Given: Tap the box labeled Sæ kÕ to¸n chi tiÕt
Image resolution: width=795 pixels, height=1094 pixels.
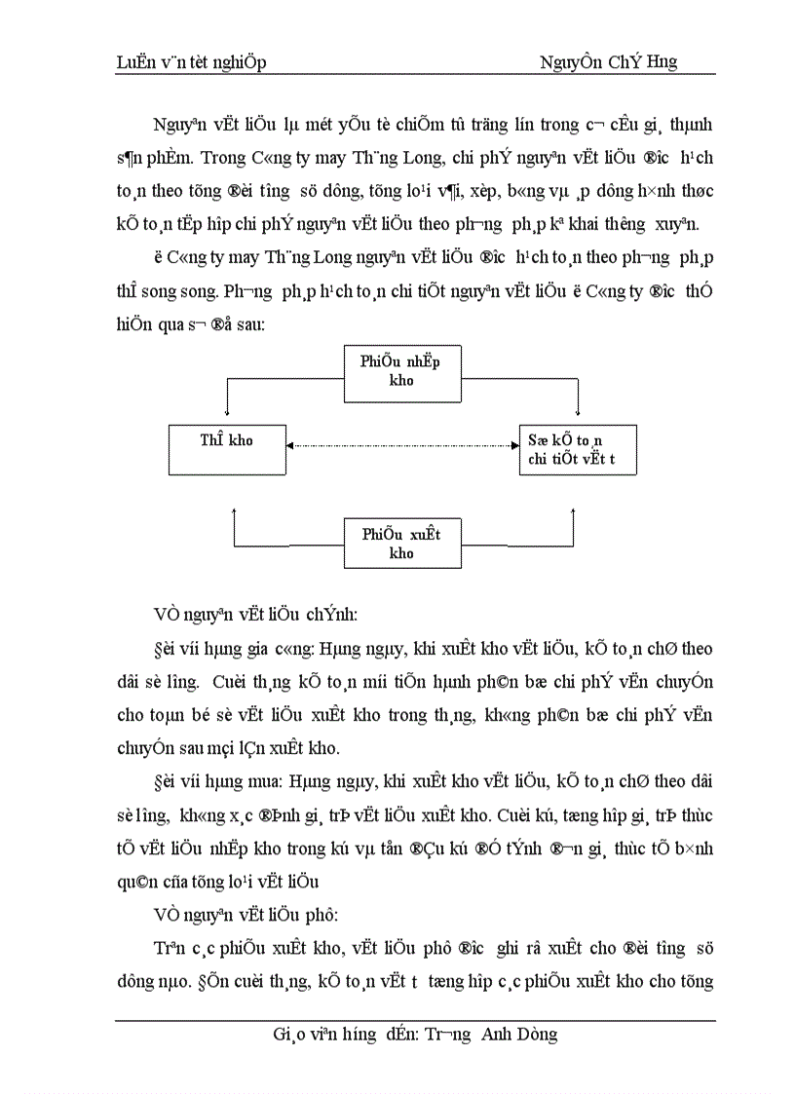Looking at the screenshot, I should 578,449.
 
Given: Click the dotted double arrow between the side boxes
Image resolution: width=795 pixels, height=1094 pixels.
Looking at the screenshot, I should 401,446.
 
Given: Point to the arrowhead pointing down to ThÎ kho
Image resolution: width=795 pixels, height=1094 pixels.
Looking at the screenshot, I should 226,417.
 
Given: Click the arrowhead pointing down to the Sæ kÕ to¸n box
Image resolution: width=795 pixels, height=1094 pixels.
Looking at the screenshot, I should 579,417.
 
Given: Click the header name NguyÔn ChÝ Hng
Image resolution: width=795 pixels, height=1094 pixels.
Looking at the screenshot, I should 609,62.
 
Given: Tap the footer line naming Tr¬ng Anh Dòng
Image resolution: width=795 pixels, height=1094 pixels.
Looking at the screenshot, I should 415,1034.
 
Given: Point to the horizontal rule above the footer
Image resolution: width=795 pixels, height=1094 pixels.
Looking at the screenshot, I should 415,1020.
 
